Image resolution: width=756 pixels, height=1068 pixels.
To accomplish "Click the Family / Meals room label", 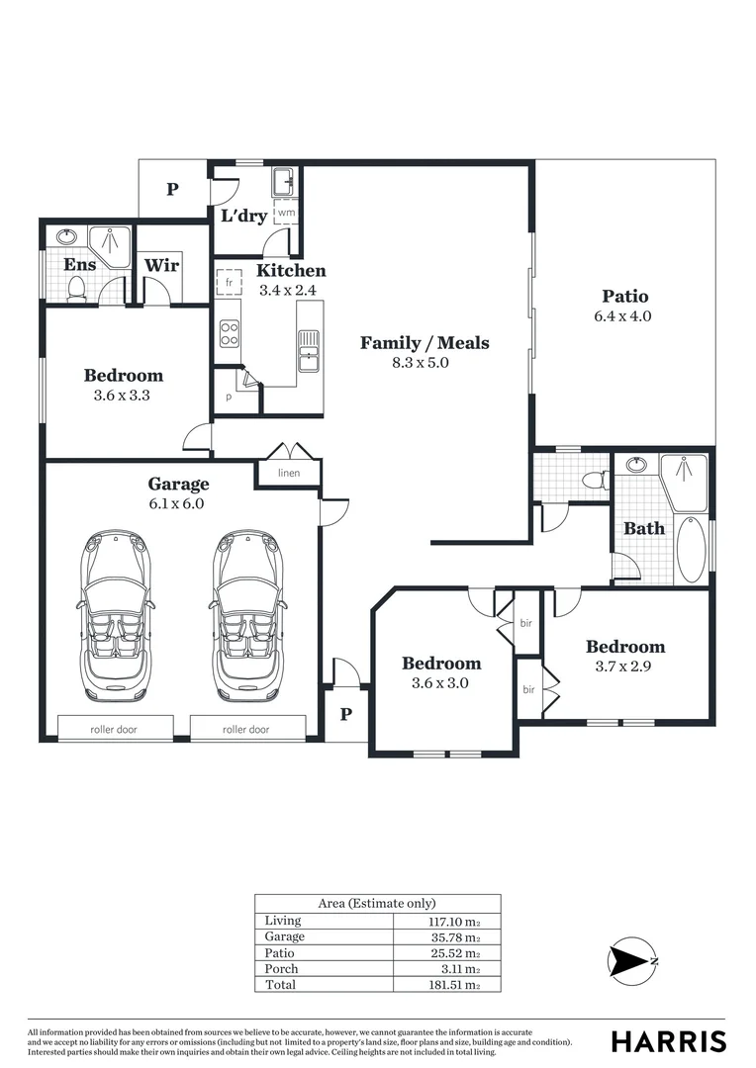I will pos(424,343).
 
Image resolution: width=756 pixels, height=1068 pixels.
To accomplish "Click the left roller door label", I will pos(114,729).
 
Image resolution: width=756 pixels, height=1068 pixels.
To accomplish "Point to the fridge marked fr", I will pos(229,283).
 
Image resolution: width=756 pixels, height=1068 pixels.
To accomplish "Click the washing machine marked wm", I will pos(285,213).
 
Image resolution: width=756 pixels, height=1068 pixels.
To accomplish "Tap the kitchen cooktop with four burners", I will pos(229,334).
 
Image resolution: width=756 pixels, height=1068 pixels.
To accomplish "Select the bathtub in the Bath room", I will pos(691,549).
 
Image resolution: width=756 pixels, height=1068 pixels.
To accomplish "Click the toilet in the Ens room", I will pos(76,289).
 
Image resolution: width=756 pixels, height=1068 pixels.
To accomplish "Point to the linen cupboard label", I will pos(288,474).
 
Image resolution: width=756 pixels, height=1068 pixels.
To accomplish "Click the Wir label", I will pos(160,265).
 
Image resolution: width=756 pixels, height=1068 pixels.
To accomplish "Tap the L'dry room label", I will pos(243,216).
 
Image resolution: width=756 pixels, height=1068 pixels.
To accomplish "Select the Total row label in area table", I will pos(279,985).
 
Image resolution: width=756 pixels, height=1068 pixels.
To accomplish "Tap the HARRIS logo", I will pos(668,1041).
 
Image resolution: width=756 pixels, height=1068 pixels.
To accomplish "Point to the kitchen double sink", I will pos(309,350).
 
